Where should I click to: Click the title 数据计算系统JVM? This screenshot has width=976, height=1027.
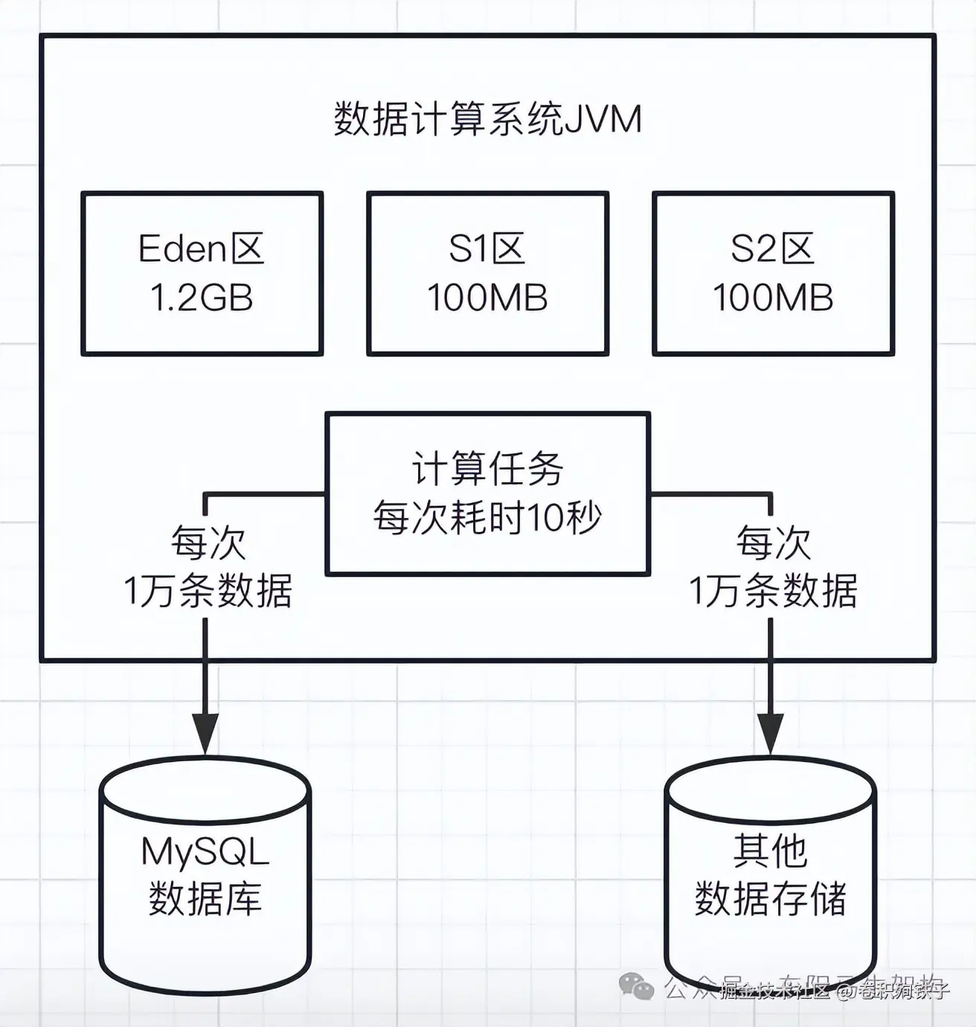487,119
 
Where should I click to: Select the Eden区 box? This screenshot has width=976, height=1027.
202,273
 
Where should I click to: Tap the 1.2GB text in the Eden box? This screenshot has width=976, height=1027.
202,298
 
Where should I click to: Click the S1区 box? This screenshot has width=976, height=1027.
487,273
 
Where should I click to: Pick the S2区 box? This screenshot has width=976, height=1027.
773,273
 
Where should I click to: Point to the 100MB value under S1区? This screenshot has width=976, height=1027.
487,298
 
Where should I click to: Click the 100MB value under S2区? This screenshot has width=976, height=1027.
773,298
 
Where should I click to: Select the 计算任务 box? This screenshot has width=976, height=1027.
487,493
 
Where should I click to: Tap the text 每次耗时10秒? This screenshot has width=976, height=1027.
487,517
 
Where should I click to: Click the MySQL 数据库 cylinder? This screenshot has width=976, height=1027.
205,878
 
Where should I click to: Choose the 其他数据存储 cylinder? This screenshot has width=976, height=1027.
770,878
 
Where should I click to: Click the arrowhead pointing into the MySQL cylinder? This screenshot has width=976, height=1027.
205,733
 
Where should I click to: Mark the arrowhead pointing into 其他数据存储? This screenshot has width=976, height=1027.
771,733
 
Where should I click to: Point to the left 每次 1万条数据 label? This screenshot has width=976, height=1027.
208,567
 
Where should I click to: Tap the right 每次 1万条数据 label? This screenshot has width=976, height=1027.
773,567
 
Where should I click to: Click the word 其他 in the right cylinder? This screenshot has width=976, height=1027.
770,851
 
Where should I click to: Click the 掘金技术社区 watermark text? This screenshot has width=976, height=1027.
774,991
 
